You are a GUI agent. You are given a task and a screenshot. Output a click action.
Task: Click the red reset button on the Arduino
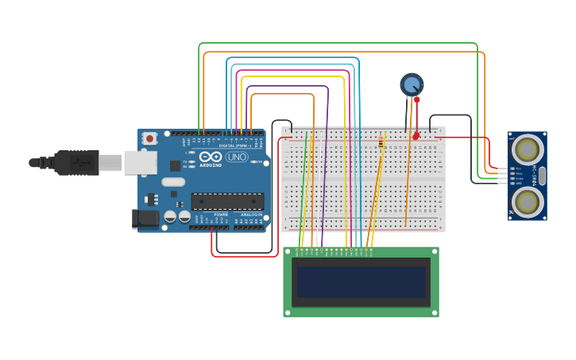(x=149, y=138)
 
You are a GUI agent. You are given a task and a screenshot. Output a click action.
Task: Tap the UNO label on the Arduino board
(x=237, y=157)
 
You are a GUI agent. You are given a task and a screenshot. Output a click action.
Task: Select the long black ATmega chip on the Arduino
(x=227, y=202)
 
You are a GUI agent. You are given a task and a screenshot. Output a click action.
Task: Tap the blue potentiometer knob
(x=412, y=84)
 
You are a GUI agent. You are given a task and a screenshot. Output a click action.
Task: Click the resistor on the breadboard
(x=381, y=142)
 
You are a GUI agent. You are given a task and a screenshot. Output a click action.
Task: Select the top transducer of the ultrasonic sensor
(x=528, y=149)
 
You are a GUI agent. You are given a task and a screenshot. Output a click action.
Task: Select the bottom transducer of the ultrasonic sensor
(x=528, y=202)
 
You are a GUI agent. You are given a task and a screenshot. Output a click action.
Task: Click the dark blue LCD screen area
(x=361, y=282)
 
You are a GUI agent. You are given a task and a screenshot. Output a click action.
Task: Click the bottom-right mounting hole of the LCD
(x=434, y=312)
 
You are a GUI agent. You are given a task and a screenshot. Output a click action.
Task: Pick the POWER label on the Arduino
(x=221, y=215)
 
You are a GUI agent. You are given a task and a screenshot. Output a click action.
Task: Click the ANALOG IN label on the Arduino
(x=250, y=215)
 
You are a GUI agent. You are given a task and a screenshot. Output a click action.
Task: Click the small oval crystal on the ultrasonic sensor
(x=542, y=176)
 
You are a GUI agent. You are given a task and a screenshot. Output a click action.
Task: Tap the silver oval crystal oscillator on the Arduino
(x=173, y=182)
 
